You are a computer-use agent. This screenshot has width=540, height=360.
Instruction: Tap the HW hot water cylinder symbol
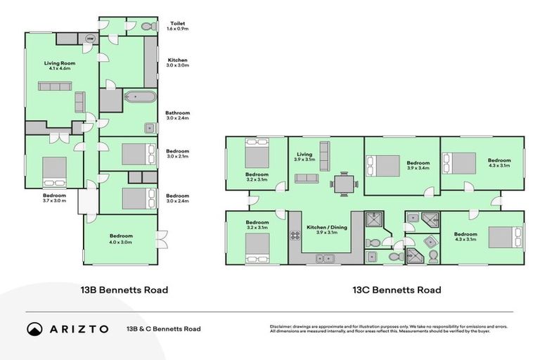coord(90,39)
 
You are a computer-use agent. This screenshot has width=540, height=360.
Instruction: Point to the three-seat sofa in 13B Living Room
coord(54,86)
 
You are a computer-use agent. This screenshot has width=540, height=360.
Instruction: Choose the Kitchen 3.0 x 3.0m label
coord(177,62)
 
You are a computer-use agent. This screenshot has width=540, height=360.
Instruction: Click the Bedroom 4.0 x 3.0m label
coord(120,239)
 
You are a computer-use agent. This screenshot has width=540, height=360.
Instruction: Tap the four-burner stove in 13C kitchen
coord(295,236)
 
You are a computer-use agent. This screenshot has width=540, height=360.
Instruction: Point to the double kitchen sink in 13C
coord(324,259)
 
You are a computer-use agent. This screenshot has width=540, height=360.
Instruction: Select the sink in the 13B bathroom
coord(149,128)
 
